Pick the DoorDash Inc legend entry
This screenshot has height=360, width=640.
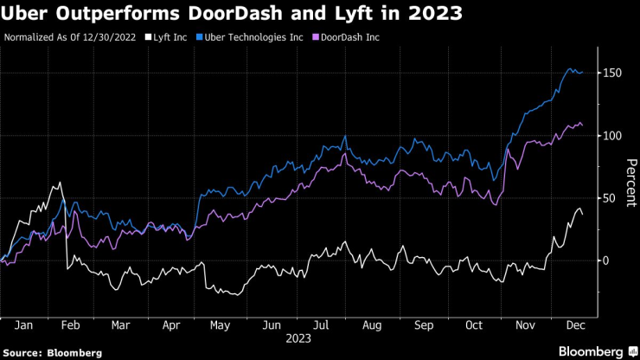point(350,38)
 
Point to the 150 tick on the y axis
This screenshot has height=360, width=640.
point(612,74)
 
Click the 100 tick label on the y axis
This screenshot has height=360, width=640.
point(612,136)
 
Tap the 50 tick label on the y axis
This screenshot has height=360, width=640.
point(609,198)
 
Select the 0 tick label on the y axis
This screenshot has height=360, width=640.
point(605,260)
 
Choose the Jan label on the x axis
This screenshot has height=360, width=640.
point(24,326)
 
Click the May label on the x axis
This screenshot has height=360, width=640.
point(221,326)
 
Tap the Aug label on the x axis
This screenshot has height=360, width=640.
point(373,326)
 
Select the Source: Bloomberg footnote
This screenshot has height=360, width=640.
point(53,353)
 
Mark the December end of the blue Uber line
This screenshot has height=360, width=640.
point(582,72)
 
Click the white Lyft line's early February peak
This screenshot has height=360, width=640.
point(60,183)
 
